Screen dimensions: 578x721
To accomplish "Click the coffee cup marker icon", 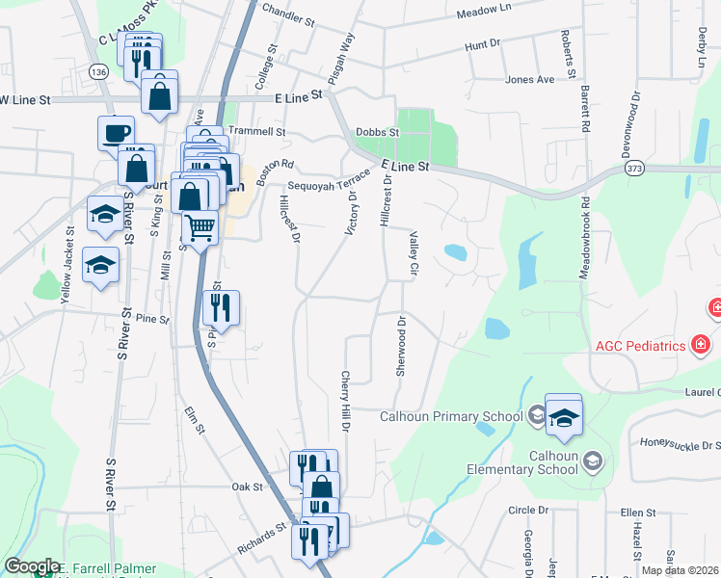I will [x=116, y=132].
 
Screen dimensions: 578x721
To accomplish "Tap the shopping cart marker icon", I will [x=200, y=227].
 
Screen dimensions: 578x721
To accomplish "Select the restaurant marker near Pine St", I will [x=223, y=308].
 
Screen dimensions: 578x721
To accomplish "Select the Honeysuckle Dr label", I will [x=681, y=445].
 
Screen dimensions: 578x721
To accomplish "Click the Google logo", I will [x=31, y=566].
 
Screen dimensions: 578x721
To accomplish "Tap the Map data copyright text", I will [x=680, y=569].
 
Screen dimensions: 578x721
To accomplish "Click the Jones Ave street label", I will [x=530, y=79].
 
